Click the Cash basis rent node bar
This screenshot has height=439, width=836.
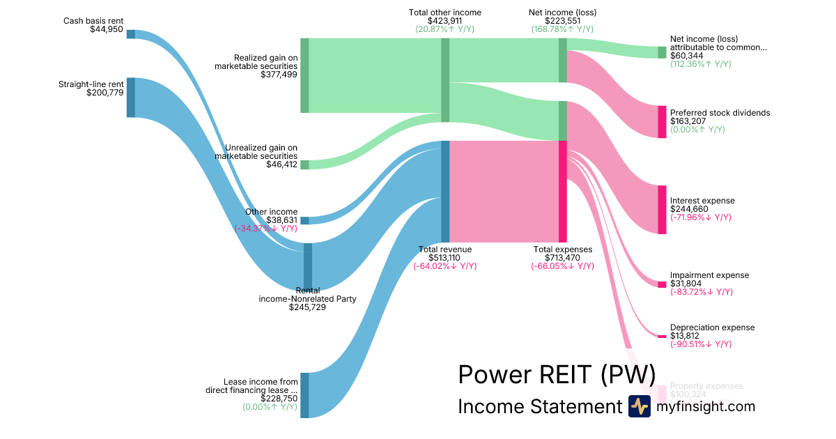pyautogui.click(x=131, y=34)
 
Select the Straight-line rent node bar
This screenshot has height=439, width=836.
pyautogui.click(x=131, y=98)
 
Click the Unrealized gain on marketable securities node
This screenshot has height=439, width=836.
pyautogui.click(x=304, y=164)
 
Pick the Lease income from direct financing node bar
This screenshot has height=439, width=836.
pyautogui.click(x=304, y=395)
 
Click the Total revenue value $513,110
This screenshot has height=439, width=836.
pyautogui.click(x=445, y=257)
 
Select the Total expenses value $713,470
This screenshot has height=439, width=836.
pyautogui.click(x=563, y=257)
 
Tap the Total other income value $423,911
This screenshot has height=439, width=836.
pyautogui.click(x=444, y=21)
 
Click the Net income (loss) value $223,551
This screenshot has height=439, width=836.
pyautogui.click(x=563, y=21)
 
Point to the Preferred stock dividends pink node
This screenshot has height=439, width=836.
pyautogui.click(x=662, y=122)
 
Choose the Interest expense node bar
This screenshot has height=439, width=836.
pyautogui.click(x=662, y=210)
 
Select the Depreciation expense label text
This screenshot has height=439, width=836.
pyautogui.click(x=712, y=328)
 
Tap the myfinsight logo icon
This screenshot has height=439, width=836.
pyautogui.click(x=640, y=406)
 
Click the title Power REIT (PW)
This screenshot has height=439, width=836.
pyautogui.click(x=557, y=374)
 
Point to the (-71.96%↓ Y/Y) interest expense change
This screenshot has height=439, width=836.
pyautogui.click(x=701, y=217)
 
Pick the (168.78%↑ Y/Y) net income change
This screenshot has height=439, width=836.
pyautogui.click(x=562, y=29)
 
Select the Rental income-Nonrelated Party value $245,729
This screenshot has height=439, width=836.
pyautogui.click(x=307, y=307)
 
